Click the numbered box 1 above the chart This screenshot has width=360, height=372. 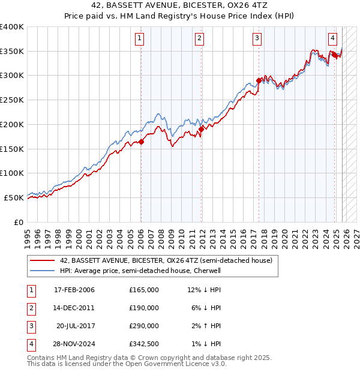click(x=140, y=39)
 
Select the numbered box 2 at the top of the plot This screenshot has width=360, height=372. click(x=199, y=39)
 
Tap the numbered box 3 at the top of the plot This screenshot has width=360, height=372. click(x=257, y=39)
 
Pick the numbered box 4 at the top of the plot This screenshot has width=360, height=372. click(x=332, y=39)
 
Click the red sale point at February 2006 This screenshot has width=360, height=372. click(x=142, y=142)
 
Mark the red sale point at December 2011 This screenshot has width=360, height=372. click(x=201, y=129)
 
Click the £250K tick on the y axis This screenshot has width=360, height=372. click(x=12, y=100)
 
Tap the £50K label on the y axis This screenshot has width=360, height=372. click(x=14, y=197)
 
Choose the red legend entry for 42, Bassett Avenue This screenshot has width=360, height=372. click(x=166, y=260)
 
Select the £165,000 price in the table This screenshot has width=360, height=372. click(x=143, y=290)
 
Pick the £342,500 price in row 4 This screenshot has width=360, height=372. click(x=143, y=344)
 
